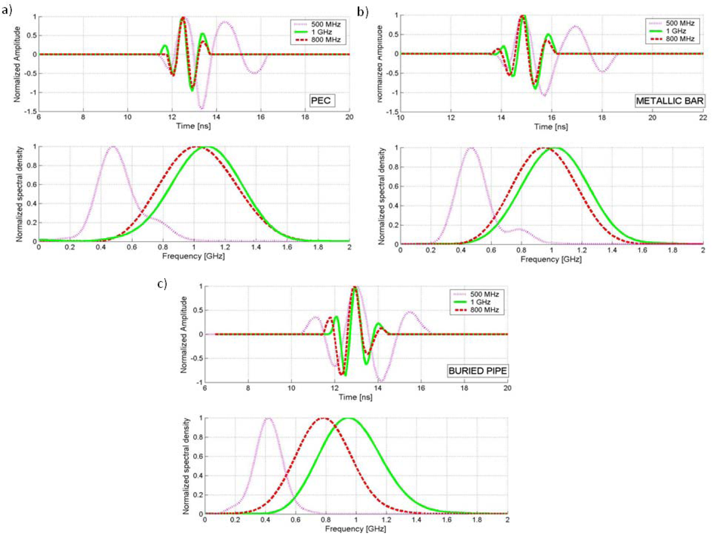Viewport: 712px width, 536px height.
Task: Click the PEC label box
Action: click(321, 100)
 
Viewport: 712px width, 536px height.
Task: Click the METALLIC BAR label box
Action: click(669, 101)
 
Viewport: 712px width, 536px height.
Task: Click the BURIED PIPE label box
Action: click(478, 370)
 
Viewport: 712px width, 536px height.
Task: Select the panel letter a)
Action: click(7, 10)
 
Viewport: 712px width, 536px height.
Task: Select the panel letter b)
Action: click(363, 11)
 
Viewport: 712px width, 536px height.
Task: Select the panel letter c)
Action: click(162, 283)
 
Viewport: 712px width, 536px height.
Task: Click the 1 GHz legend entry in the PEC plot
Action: click(321, 32)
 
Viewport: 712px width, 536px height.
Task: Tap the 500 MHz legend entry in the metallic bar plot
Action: click(679, 23)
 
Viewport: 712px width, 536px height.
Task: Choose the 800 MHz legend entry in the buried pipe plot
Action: click(483, 310)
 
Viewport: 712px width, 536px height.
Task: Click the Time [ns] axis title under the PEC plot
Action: click(193, 126)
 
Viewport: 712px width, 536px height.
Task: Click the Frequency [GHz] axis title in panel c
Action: click(355, 528)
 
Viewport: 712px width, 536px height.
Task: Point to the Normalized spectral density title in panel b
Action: click(382, 196)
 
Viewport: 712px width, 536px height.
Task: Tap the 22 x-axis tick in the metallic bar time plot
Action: click(702, 117)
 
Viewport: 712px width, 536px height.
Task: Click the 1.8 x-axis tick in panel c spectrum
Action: click(477, 519)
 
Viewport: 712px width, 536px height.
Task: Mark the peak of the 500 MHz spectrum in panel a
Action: click(112, 146)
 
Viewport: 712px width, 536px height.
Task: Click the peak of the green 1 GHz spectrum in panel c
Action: click(349, 418)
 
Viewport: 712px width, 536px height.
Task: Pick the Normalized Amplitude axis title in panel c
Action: click(184, 334)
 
